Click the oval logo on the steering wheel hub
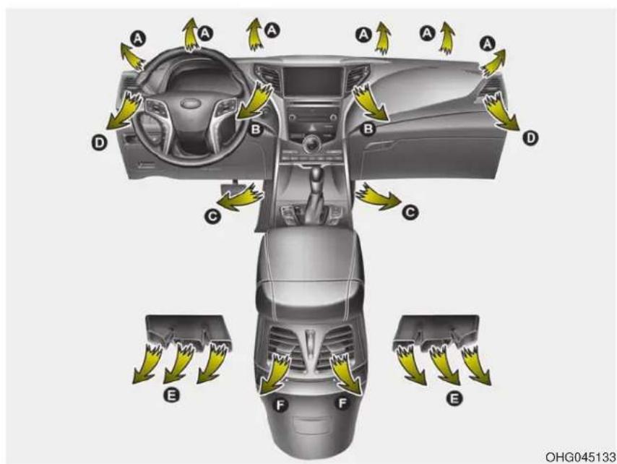[191, 103]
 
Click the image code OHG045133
[580, 457]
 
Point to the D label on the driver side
[98, 142]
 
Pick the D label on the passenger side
[530, 138]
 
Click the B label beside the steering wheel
[256, 129]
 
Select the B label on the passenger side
[368, 129]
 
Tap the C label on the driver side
[212, 215]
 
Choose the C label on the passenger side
[410, 212]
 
